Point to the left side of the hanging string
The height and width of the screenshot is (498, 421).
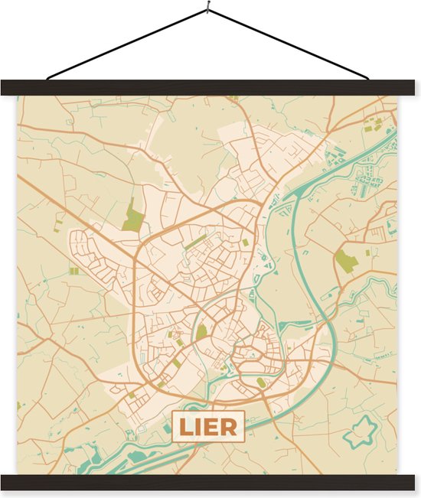122,45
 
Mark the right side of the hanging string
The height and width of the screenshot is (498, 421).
291,45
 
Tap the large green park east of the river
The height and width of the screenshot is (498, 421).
346,261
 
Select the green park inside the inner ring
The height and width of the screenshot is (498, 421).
201,332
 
